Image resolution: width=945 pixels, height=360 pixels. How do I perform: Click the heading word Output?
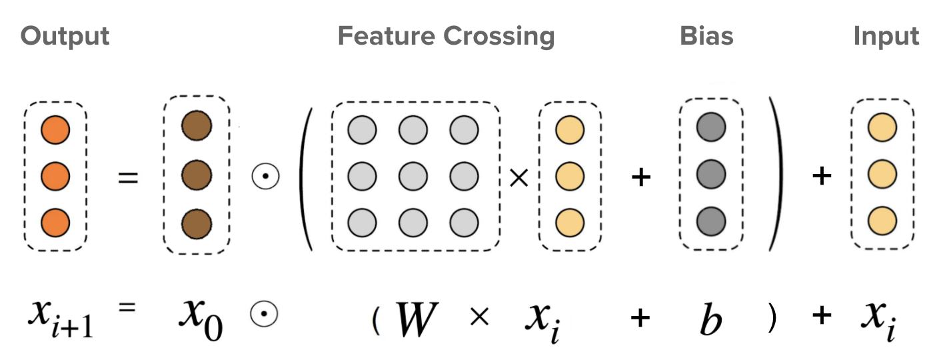(x=65, y=36)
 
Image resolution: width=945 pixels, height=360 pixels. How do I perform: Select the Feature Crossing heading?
(x=446, y=36)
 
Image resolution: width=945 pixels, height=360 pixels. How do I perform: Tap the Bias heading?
(x=706, y=36)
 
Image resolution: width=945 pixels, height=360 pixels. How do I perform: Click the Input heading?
(x=886, y=36)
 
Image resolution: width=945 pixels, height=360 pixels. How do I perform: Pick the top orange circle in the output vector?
(x=55, y=131)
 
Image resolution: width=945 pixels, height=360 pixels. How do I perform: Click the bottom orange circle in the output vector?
(x=55, y=221)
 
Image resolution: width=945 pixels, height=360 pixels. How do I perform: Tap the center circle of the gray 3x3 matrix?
(x=413, y=176)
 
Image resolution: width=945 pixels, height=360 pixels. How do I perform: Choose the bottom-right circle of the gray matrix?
(x=464, y=222)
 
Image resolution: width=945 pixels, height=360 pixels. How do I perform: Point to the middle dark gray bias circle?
(x=710, y=175)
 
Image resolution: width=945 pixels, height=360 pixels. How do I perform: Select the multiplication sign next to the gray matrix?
(x=518, y=177)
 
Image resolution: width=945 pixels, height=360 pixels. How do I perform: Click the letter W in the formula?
(x=417, y=319)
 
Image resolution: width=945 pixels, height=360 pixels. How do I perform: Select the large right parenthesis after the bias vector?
(x=776, y=175)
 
